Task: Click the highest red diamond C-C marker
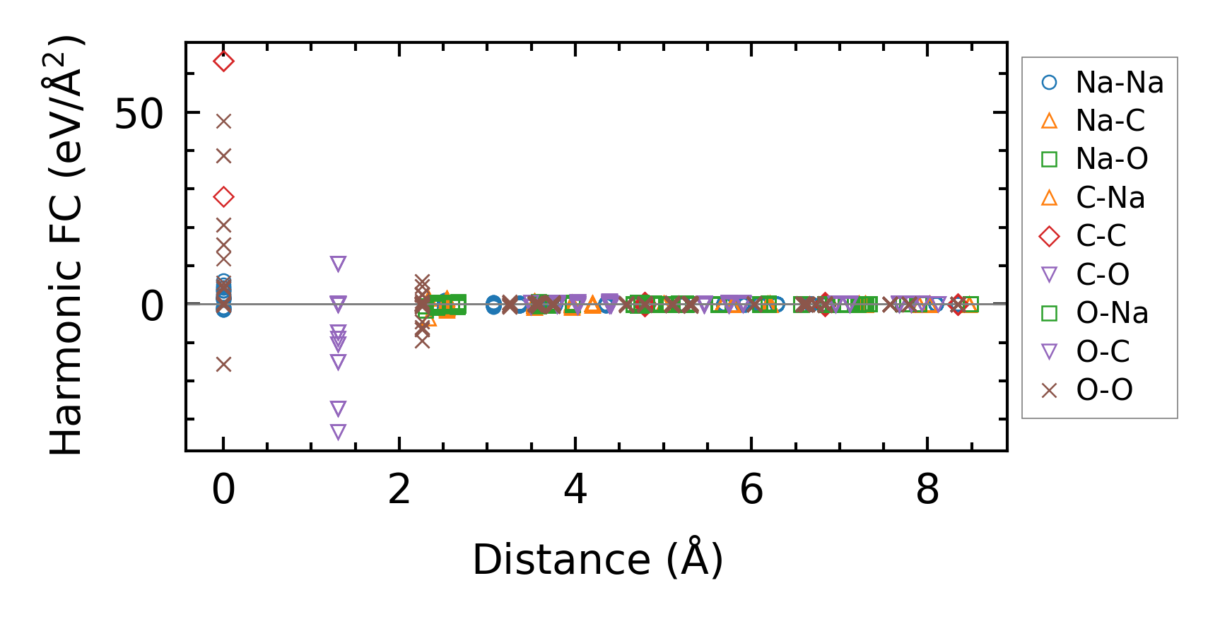click(223, 61)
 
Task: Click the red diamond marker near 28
click(223, 197)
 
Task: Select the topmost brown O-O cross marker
click(223, 122)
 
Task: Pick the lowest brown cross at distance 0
click(223, 365)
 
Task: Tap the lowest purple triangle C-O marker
click(338, 432)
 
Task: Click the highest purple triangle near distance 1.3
click(338, 264)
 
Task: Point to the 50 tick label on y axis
click(139, 113)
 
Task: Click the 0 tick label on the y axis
click(152, 306)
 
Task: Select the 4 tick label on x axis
click(575, 489)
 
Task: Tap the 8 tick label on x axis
click(927, 489)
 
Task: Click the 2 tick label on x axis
click(399, 489)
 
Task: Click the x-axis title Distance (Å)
click(597, 560)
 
